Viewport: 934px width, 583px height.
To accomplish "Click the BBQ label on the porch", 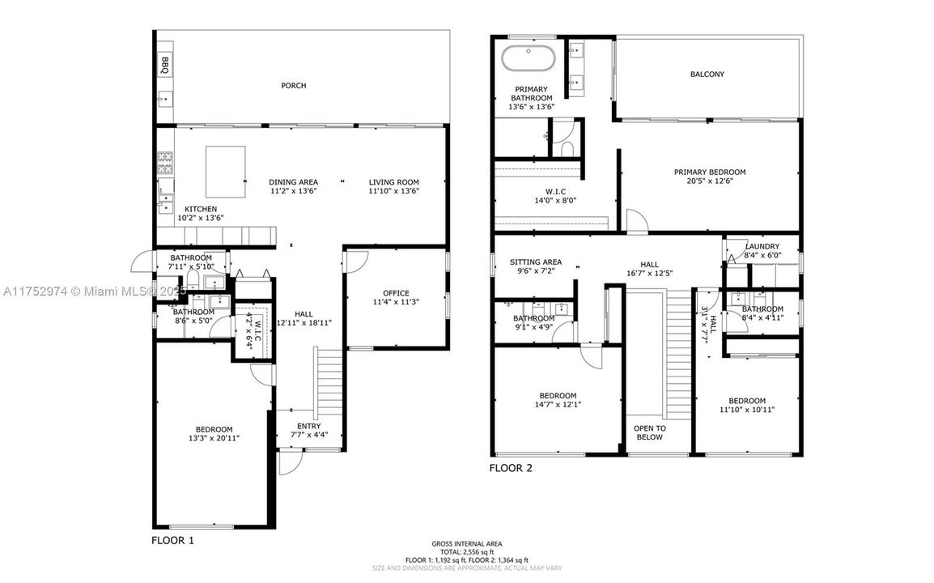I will pyautogui.click(x=164, y=65).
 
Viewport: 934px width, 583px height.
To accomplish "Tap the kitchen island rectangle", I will pyautogui.click(x=225, y=172).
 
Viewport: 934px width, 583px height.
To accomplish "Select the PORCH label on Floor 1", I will pyautogui.click(x=293, y=86).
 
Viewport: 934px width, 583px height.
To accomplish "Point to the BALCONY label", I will pyautogui.click(x=707, y=74).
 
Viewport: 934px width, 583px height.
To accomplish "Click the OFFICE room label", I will pyautogui.click(x=396, y=293).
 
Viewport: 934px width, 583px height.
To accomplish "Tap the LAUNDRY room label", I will pyautogui.click(x=762, y=247).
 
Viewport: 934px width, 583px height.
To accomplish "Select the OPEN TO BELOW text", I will pyautogui.click(x=649, y=432).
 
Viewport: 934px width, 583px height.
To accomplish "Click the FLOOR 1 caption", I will pyautogui.click(x=172, y=539).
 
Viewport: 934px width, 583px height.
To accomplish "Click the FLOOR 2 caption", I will pyautogui.click(x=511, y=468).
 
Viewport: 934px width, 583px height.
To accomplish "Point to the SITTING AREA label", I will pyautogui.click(x=535, y=262).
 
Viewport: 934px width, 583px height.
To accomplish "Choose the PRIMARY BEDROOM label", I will pyautogui.click(x=710, y=172).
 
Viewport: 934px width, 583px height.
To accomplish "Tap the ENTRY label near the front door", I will pyautogui.click(x=308, y=426).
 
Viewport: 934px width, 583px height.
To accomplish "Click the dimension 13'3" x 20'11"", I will pyautogui.click(x=214, y=438).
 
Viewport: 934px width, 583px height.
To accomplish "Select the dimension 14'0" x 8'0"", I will pyautogui.click(x=554, y=200).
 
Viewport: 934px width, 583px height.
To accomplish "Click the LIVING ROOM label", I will pyautogui.click(x=393, y=182).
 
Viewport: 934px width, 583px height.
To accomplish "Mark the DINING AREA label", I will pyautogui.click(x=293, y=182).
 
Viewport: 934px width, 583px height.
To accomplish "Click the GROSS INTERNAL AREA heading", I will pyautogui.click(x=467, y=543).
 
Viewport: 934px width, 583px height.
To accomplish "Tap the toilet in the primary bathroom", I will pyautogui.click(x=566, y=148).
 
